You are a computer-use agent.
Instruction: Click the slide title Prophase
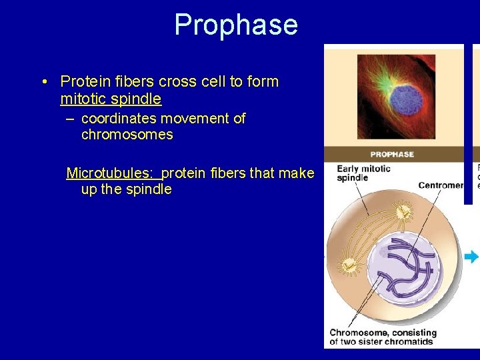[235, 25]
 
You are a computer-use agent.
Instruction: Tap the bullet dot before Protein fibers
[43, 82]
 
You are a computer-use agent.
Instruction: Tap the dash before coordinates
[71, 119]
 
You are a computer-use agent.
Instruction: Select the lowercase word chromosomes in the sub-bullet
[127, 135]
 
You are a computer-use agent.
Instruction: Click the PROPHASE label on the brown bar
[393, 154]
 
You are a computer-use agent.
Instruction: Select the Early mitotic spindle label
[363, 173]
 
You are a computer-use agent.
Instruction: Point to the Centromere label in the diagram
[440, 185]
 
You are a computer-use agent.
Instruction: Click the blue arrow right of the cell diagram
[472, 257]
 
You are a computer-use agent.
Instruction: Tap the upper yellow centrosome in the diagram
[403, 212]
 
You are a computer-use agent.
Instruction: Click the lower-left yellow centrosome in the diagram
[348, 267]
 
